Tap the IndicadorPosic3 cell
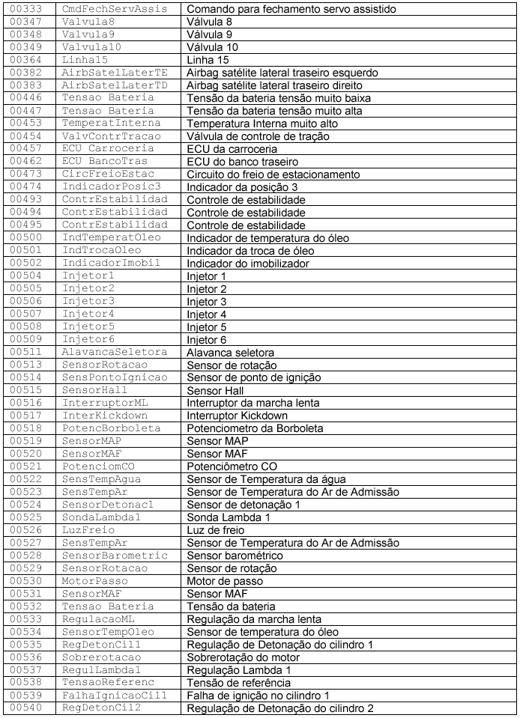112,186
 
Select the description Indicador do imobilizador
248,263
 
